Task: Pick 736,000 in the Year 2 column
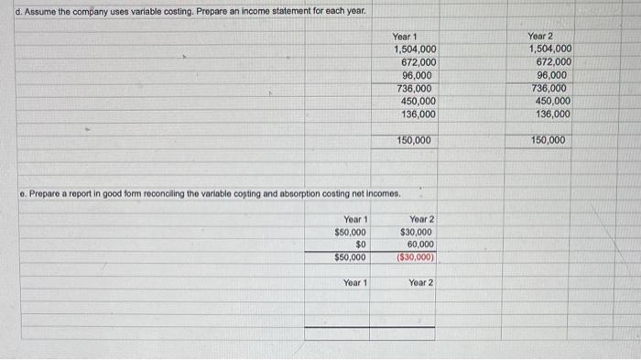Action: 549,88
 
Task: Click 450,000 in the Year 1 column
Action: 418,101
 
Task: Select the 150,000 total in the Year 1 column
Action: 415,140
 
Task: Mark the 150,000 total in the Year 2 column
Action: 549,140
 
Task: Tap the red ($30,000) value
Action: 417,258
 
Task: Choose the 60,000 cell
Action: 420,245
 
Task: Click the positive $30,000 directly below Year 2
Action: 417,233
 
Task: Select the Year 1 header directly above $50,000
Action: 355,220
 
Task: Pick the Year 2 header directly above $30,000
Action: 422,220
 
